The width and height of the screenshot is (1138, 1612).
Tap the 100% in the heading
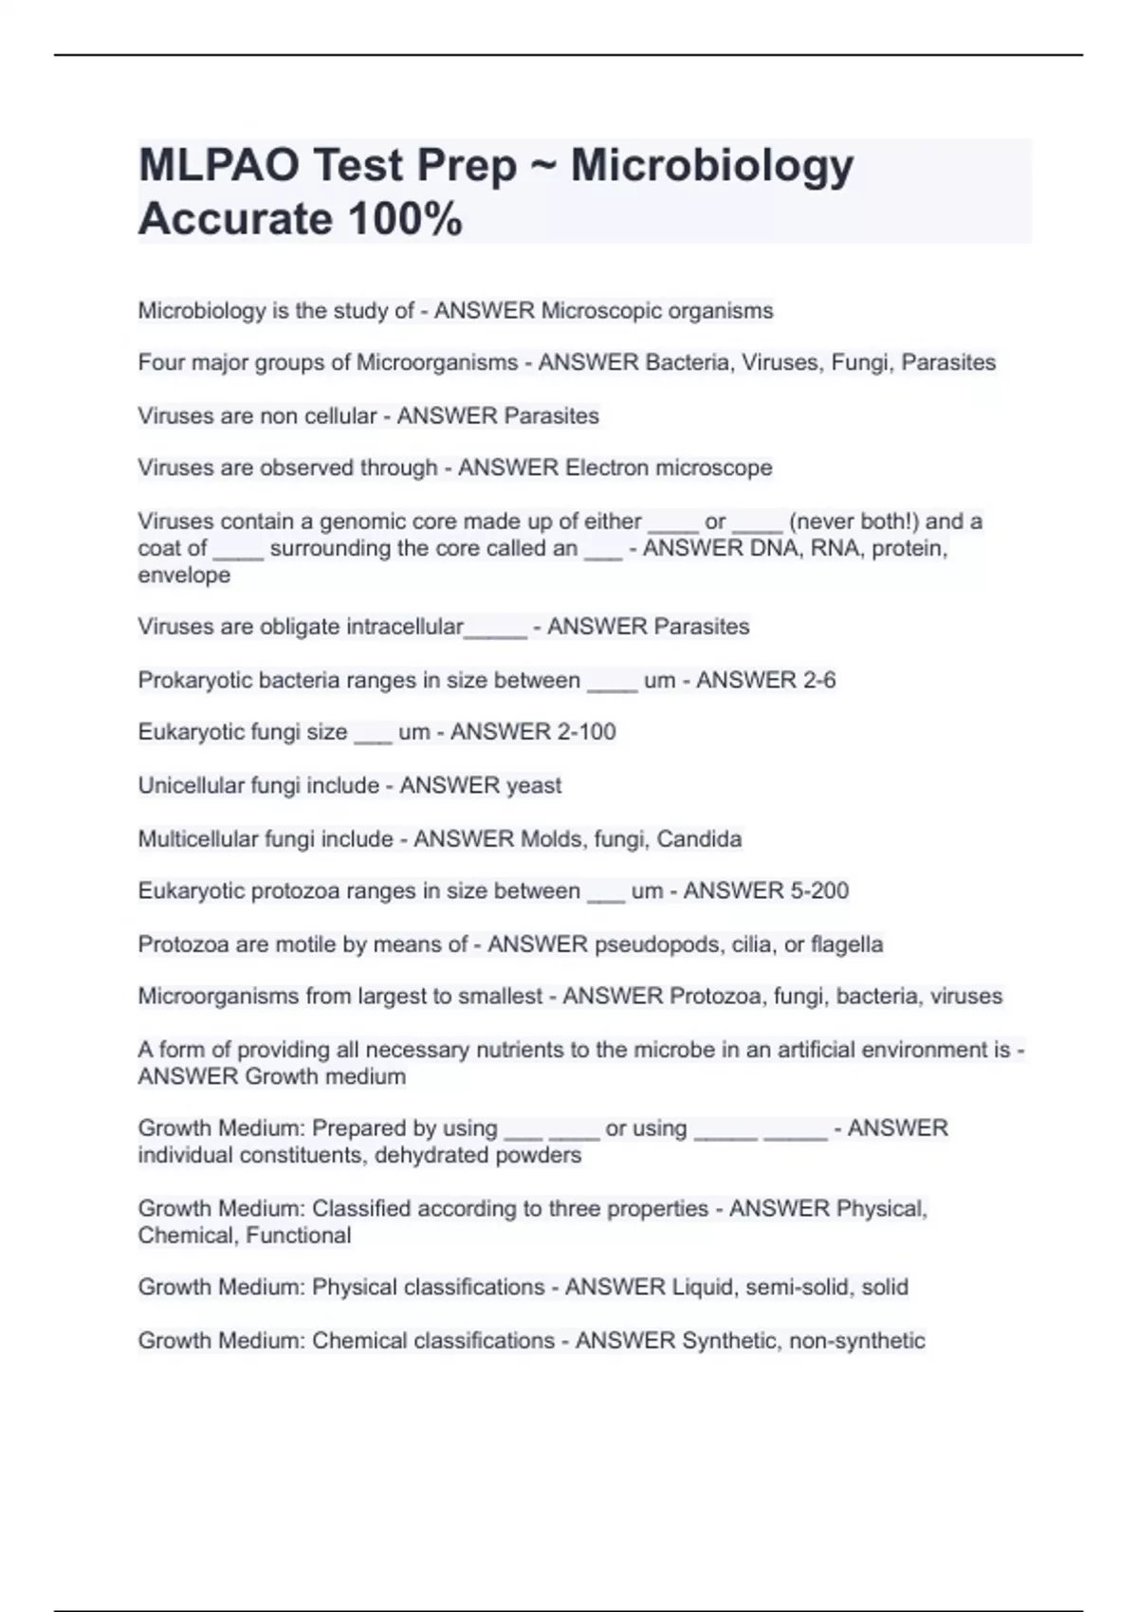pyautogui.click(x=405, y=220)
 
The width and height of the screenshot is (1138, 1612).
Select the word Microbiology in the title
pyautogui.click(x=711, y=166)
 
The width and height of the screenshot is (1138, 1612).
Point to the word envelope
pyautogui.click(x=184, y=576)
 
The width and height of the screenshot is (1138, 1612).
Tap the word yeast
pyautogui.click(x=534, y=786)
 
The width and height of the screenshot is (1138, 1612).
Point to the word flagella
pyautogui.click(x=847, y=944)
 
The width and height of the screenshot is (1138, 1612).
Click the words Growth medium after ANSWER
pyautogui.click(x=325, y=1077)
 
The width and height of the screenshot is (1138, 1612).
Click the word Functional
pyautogui.click(x=298, y=1236)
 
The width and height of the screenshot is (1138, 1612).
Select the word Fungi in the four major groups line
pyautogui.click(x=860, y=363)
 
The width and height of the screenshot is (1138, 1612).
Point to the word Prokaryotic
pyautogui.click(x=194, y=681)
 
